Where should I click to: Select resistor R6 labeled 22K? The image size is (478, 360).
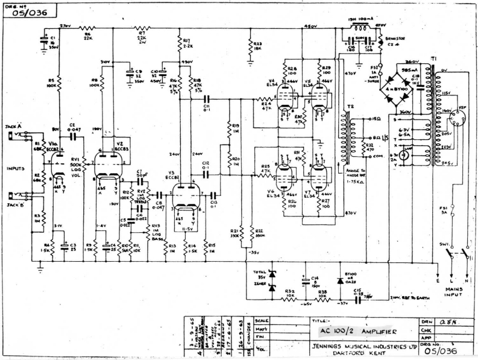87,28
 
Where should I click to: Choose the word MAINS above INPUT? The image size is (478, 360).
454,289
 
